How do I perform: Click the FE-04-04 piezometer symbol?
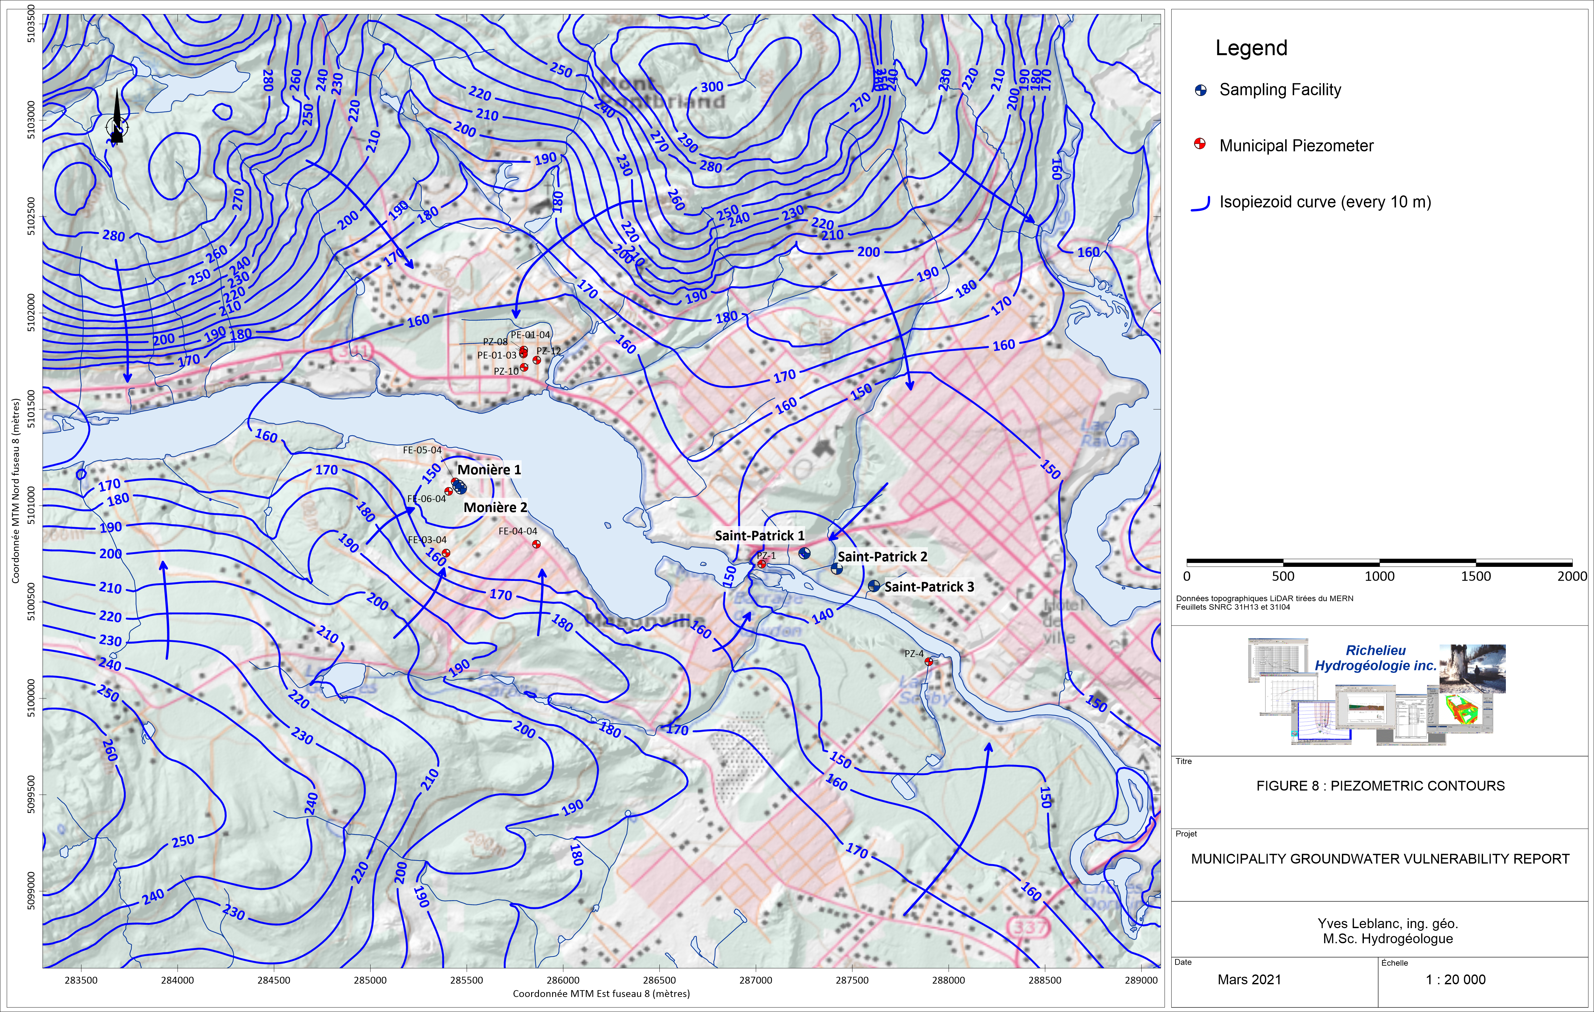pyautogui.click(x=536, y=544)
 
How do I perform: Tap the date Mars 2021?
pyautogui.click(x=1249, y=980)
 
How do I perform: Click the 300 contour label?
pyautogui.click(x=712, y=87)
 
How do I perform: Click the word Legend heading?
pyautogui.click(x=1251, y=48)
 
